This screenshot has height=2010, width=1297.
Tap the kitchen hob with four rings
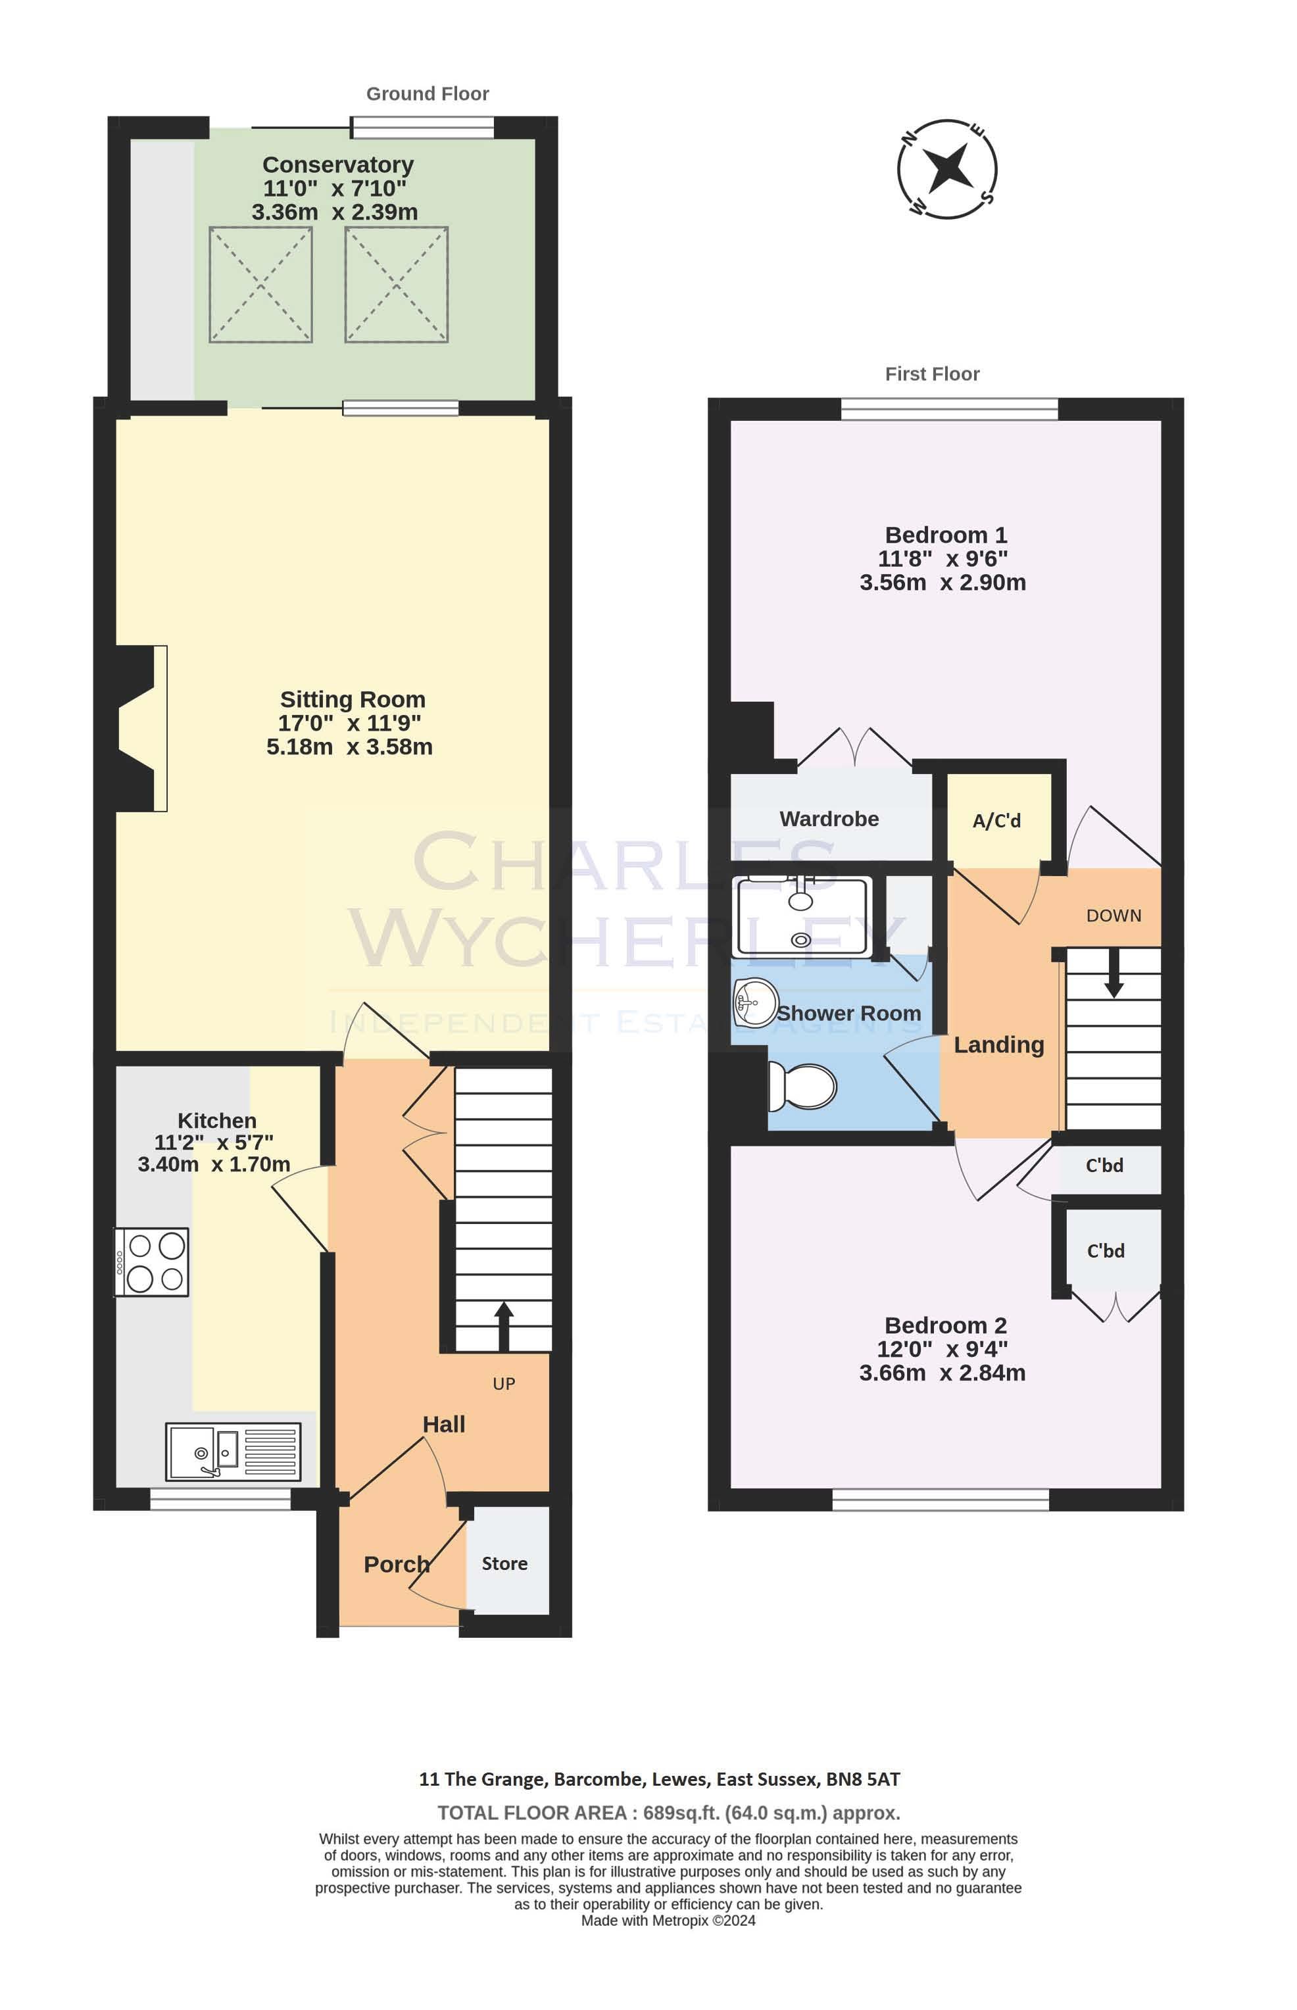151,1262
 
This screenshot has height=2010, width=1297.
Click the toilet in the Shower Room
802,1087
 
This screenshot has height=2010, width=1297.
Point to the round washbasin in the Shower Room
756,1002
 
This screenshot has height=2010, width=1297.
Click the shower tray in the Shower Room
802,917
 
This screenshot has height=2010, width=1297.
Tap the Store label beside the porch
504,1563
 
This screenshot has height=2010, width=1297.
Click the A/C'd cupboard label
996,820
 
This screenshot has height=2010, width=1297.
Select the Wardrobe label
829,818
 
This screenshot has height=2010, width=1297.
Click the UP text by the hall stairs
504,1383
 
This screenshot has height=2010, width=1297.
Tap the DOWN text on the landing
1113,916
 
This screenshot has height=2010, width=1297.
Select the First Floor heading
933,374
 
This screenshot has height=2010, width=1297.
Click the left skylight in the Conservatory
260,285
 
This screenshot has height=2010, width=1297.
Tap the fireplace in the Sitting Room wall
141,728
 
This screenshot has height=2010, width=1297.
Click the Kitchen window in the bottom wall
220,1499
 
